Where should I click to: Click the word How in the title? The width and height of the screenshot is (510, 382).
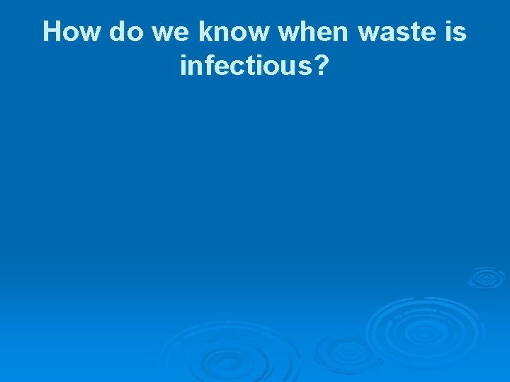click(70, 32)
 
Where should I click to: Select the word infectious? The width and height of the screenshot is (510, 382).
click(245, 66)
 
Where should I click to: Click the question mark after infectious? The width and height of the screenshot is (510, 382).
click(321, 66)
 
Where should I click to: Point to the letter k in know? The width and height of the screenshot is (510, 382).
click(205, 32)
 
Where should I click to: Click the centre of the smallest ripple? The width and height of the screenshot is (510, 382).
click(486, 277)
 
